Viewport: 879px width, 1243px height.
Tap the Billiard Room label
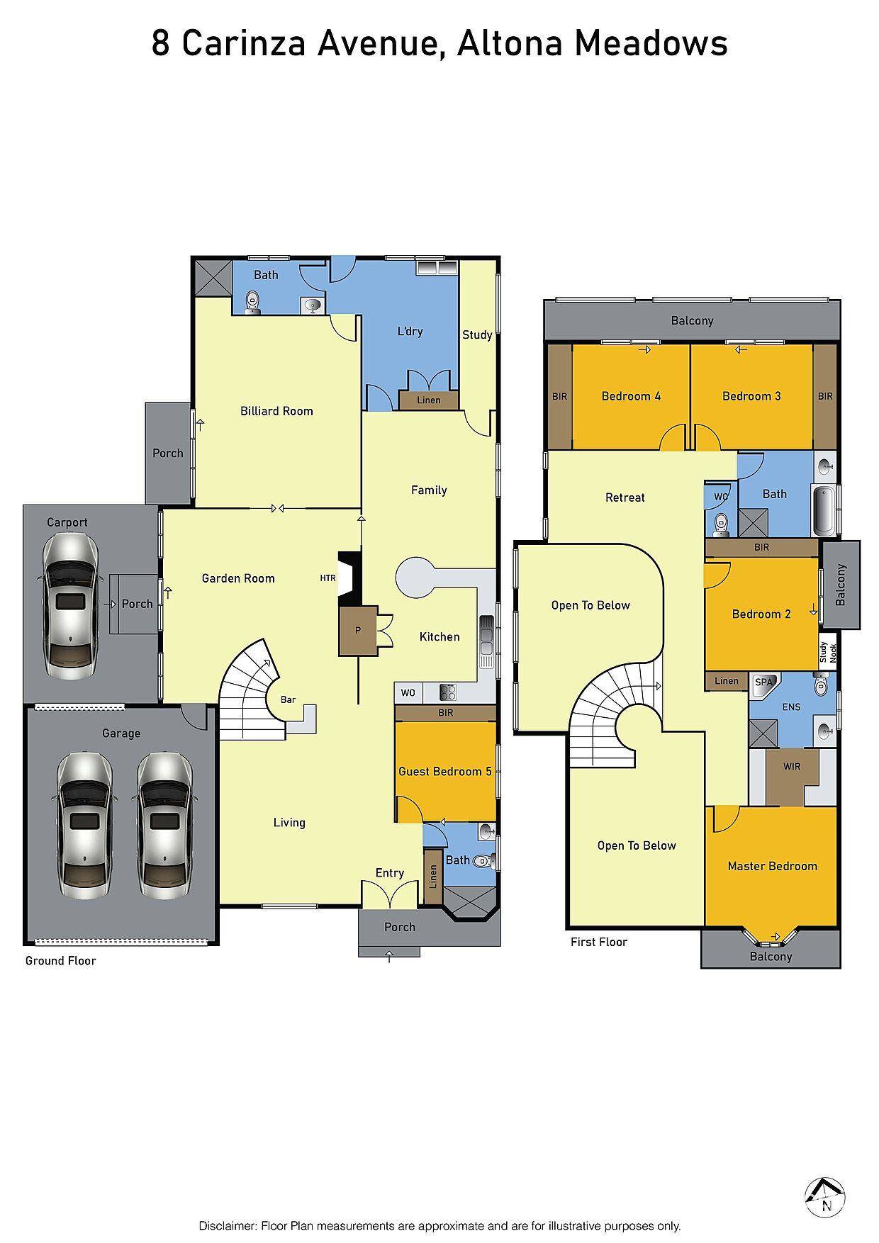point(276,411)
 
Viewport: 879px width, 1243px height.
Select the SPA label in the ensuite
point(763,682)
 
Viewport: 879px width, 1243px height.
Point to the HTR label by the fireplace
point(327,578)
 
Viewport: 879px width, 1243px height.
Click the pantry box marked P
point(357,630)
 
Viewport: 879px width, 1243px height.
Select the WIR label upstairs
point(792,766)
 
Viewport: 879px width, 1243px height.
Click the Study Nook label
point(828,652)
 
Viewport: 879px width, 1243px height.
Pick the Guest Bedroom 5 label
point(444,771)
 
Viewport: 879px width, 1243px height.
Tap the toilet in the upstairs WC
point(721,522)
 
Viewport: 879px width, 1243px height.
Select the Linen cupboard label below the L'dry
point(428,400)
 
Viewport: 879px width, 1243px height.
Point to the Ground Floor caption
point(60,961)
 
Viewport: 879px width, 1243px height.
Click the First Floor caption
point(599,942)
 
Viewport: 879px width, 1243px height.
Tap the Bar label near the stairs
point(288,699)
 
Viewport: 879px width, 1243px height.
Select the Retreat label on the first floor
point(625,497)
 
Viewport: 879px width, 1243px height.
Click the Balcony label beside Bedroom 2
point(841,585)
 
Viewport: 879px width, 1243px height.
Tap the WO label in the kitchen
point(408,692)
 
